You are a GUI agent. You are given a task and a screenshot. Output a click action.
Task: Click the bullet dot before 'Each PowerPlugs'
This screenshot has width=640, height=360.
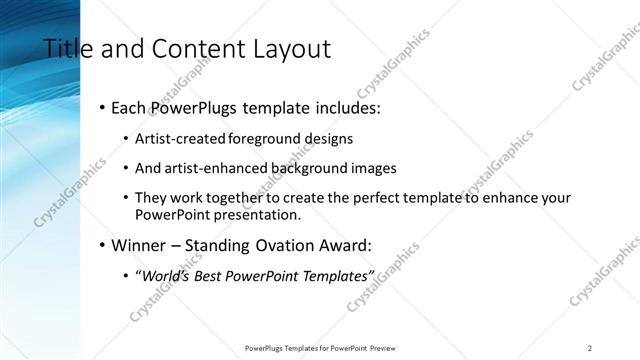pyautogui.click(x=103, y=106)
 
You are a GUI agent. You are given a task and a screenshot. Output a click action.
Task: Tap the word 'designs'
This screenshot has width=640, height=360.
pyautogui.click(x=326, y=138)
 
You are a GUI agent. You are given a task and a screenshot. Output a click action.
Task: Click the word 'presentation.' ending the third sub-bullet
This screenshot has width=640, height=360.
pyautogui.click(x=256, y=215)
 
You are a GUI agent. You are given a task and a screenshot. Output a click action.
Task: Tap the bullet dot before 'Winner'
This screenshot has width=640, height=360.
pyautogui.click(x=103, y=245)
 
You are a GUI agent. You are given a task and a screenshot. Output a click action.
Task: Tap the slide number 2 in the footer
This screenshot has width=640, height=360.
pyautogui.click(x=590, y=347)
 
